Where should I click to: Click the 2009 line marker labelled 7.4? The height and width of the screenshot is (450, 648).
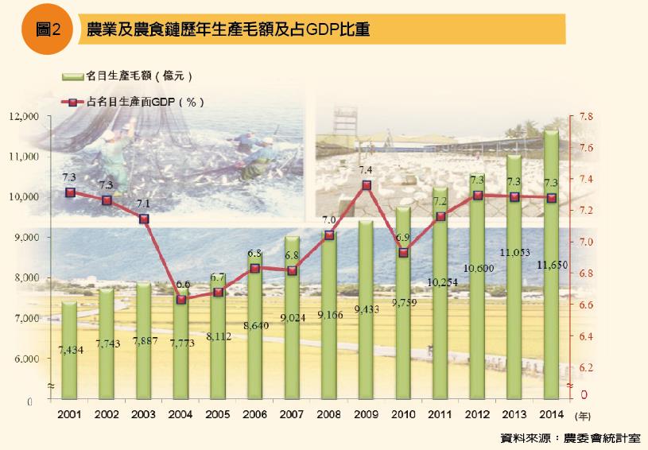click(x=367, y=185)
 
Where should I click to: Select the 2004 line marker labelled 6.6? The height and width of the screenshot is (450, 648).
click(x=181, y=300)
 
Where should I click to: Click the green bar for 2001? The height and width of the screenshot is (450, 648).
click(x=70, y=350)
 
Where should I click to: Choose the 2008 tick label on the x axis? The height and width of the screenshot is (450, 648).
click(x=329, y=415)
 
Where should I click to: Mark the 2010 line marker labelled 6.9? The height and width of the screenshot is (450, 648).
click(x=404, y=253)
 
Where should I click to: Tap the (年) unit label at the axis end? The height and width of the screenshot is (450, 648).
click(x=584, y=415)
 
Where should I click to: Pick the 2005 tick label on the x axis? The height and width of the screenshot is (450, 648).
click(x=218, y=415)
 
